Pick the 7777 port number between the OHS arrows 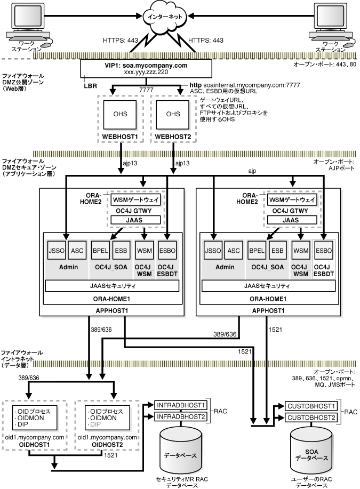coord(142,91)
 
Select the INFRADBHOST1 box coord(180,404)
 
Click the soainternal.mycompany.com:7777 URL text coord(253,85)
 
